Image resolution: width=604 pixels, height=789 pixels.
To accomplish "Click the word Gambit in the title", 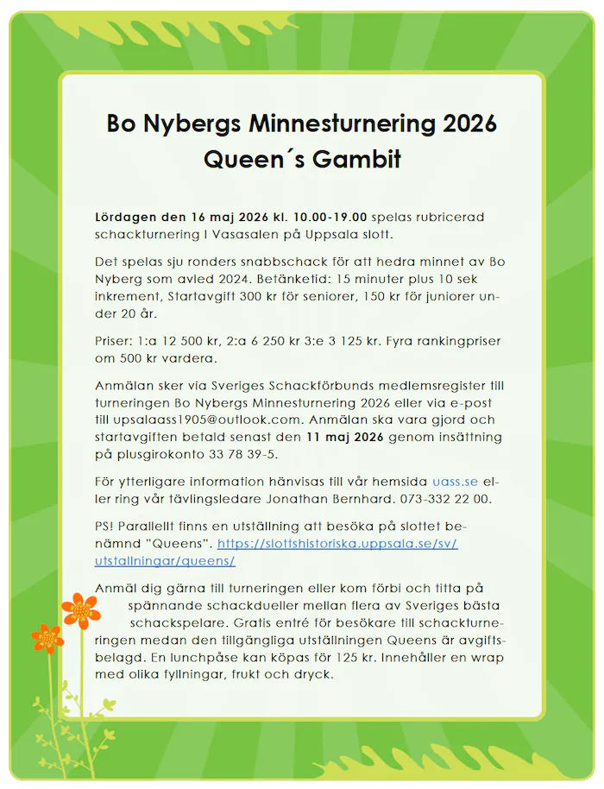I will click(354, 160).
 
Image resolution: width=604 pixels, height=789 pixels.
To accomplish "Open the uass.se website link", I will click(455, 481).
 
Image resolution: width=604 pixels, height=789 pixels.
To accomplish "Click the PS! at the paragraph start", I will click(107, 526).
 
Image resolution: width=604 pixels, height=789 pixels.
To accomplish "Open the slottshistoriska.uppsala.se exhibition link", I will click(337, 552).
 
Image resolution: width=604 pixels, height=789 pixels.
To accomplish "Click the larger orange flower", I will click(80, 609).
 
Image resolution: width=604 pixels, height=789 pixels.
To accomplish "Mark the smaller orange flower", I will click(47, 638).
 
